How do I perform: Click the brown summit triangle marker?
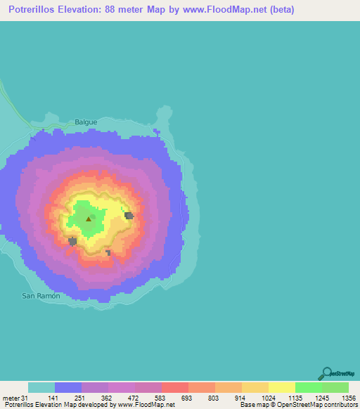coord(89,219)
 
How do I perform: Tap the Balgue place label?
coord(85,122)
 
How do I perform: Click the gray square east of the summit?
coord(129,215)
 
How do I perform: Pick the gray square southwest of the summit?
coord(72,242)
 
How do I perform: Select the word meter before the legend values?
coord(9,398)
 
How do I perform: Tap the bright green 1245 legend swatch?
coord(308,387)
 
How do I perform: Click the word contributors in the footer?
coord(340,405)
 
